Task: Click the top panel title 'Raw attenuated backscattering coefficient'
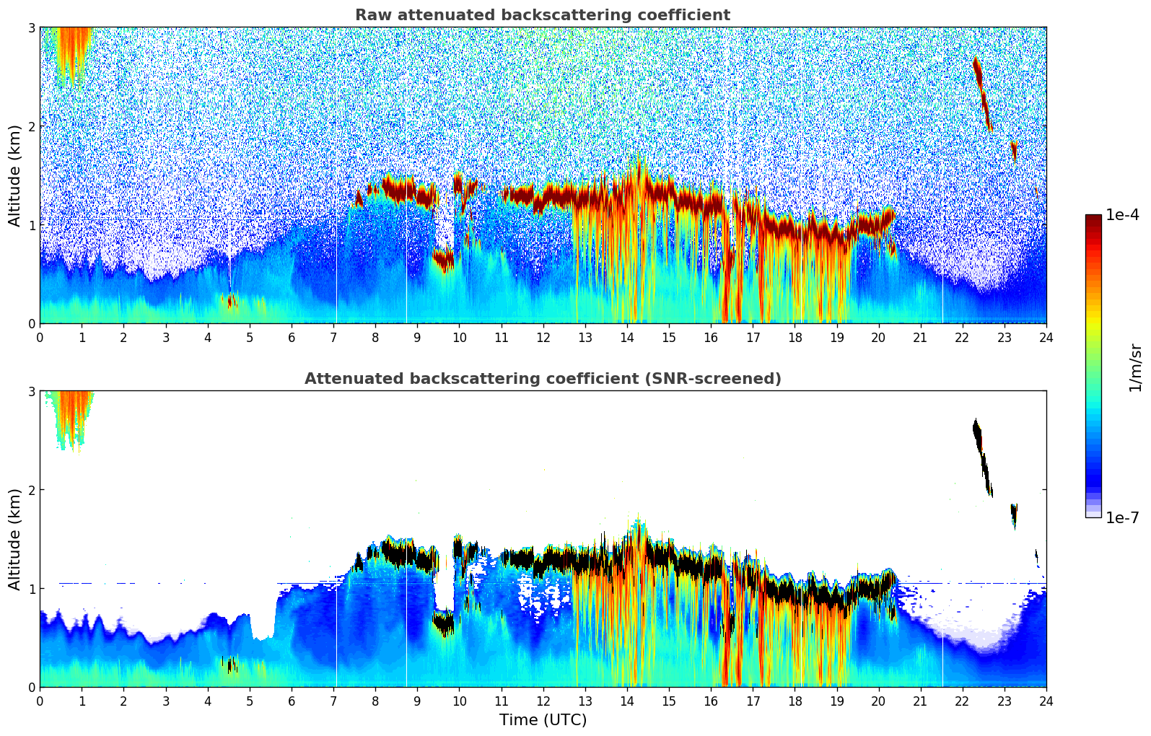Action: tap(543, 15)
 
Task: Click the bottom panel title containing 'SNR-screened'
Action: tap(543, 379)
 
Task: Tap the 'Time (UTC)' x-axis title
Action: tap(543, 720)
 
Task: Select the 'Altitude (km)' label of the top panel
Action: tap(14, 175)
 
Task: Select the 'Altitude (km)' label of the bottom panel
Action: tap(14, 539)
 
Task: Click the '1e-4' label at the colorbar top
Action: tap(1122, 215)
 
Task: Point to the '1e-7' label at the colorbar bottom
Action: tap(1122, 517)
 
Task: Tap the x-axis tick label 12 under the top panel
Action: tap(543, 338)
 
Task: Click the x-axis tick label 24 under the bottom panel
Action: tap(1046, 701)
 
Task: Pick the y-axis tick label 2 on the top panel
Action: tap(31, 126)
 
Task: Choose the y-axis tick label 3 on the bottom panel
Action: tap(31, 391)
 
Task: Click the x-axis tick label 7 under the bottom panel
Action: tap(333, 701)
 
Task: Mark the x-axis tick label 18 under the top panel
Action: tap(795, 338)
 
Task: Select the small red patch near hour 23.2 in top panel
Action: tap(1014, 150)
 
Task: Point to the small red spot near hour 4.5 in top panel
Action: tap(230, 302)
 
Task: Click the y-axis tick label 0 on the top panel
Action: tap(31, 324)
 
